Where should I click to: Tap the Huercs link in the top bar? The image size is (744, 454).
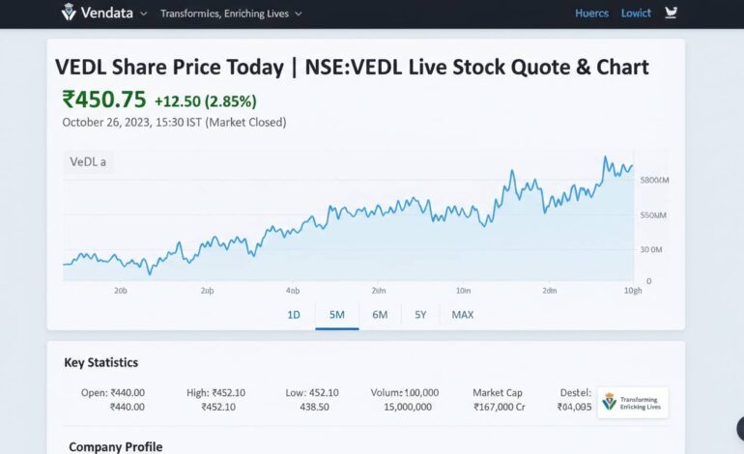(x=591, y=14)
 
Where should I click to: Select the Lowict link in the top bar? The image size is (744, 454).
(x=636, y=14)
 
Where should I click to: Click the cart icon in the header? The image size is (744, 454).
(x=672, y=14)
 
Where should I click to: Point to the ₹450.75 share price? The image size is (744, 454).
(x=103, y=100)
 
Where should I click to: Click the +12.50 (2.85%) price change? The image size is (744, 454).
(x=205, y=101)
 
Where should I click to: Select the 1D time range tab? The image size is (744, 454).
(x=294, y=314)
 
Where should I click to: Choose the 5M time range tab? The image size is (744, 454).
(x=336, y=314)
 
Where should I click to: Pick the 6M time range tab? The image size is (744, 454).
(x=380, y=314)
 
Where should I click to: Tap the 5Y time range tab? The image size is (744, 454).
(x=420, y=314)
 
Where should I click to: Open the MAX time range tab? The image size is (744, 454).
(x=463, y=314)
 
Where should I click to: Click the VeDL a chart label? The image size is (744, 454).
(x=88, y=162)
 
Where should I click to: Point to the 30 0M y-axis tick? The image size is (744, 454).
(x=650, y=249)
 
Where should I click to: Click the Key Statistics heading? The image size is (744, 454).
(x=100, y=363)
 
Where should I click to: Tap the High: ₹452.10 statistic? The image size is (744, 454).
(x=216, y=392)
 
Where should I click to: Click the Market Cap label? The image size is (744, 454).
(x=498, y=392)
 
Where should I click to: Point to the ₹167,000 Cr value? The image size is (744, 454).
(x=499, y=407)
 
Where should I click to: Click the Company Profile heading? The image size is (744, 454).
(x=115, y=447)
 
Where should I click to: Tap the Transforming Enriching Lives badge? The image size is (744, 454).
(x=633, y=402)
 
